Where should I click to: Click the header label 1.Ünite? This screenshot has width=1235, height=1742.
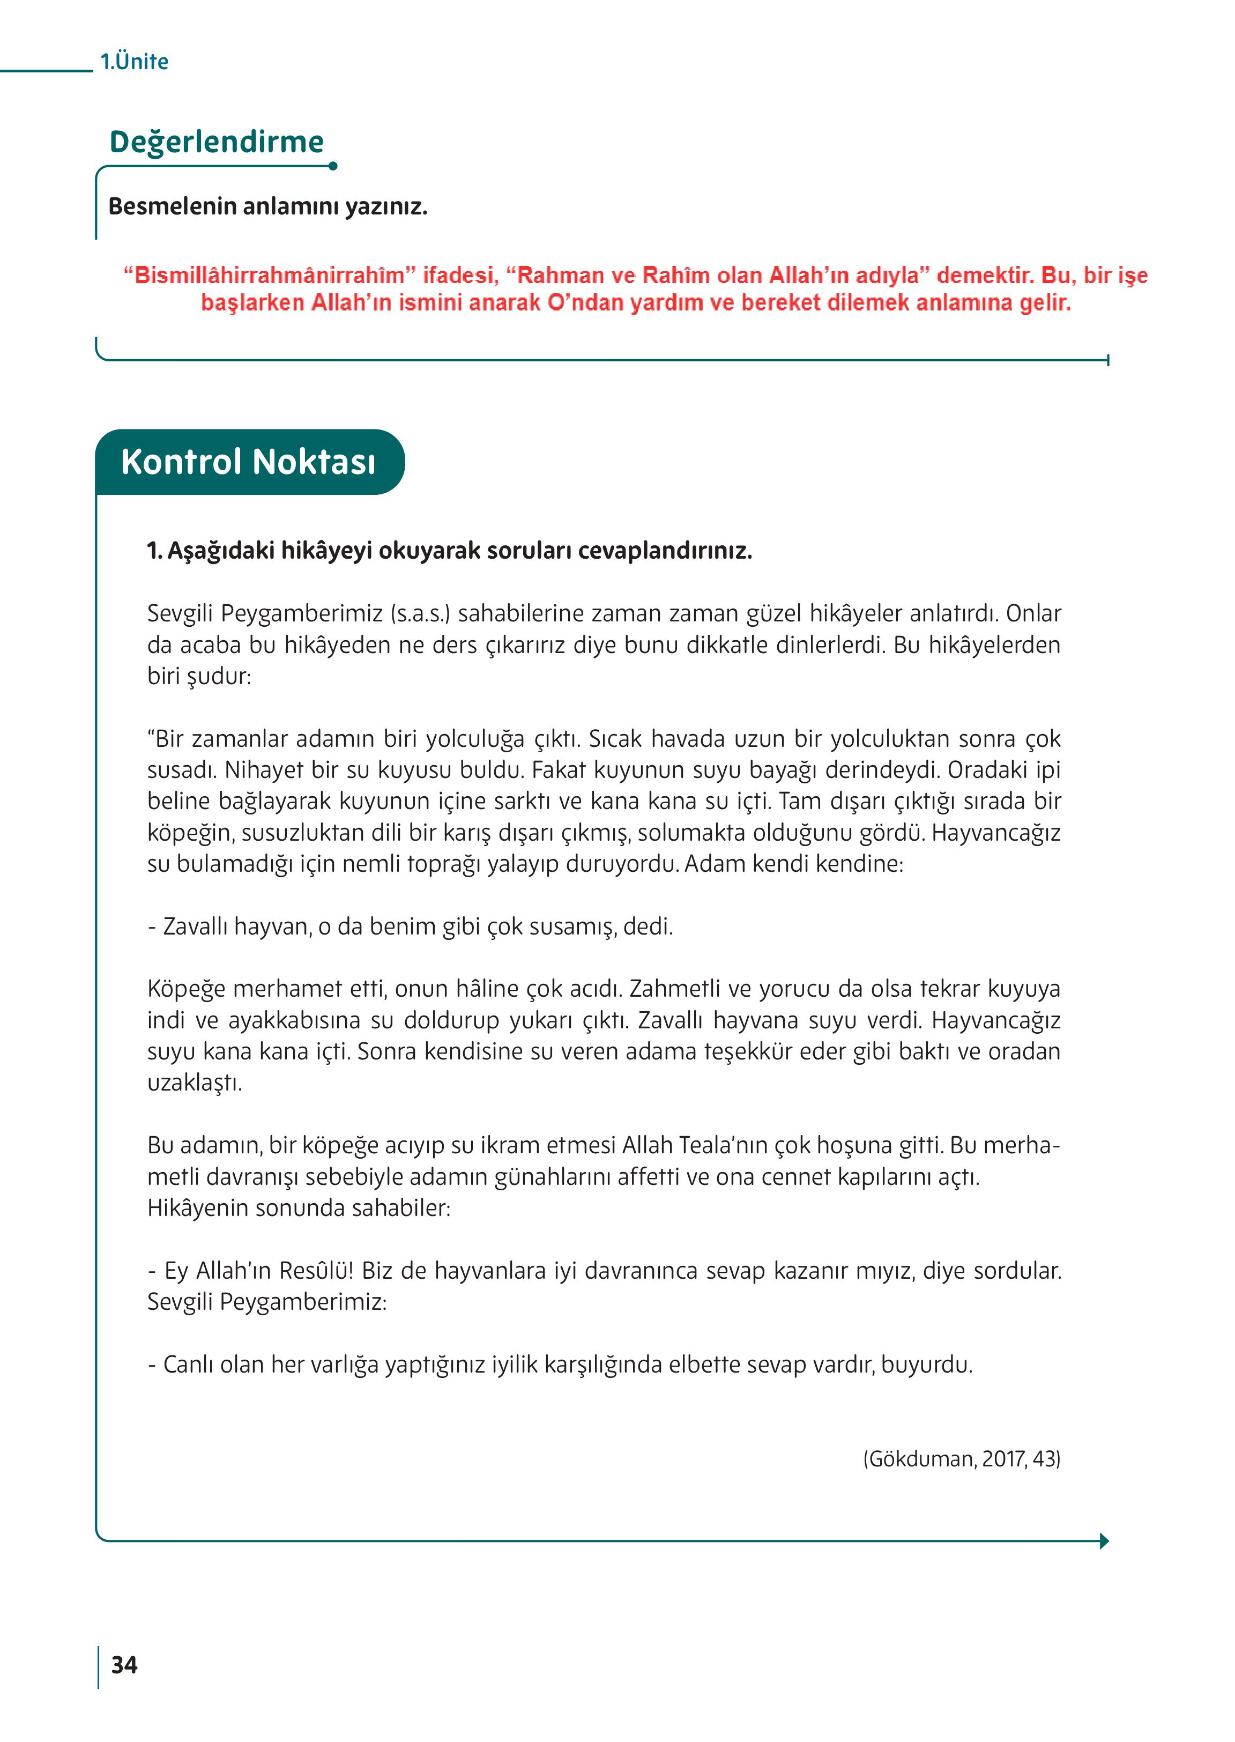(x=134, y=61)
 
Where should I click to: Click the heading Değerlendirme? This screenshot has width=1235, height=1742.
(x=217, y=142)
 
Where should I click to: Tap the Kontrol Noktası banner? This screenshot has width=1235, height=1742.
(x=248, y=462)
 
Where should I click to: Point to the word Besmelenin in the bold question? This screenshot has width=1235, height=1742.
(x=172, y=206)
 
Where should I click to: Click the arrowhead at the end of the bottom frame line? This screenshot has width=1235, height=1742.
(x=1104, y=1541)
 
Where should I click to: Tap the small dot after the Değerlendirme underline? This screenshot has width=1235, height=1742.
(x=333, y=166)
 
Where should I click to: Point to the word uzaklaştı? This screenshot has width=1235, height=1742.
(x=195, y=1083)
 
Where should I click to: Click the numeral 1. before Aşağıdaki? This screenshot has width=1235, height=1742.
(x=154, y=551)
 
